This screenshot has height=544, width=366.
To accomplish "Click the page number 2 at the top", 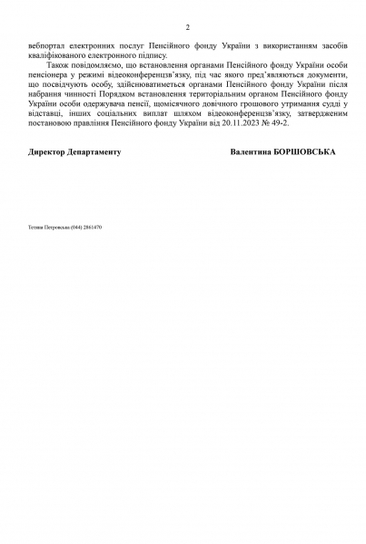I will click(187, 27).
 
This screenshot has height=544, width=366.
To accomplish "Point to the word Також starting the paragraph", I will click(53, 66).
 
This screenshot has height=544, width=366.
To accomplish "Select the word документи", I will click(319, 76).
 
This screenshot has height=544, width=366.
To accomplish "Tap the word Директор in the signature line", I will click(48, 152).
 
